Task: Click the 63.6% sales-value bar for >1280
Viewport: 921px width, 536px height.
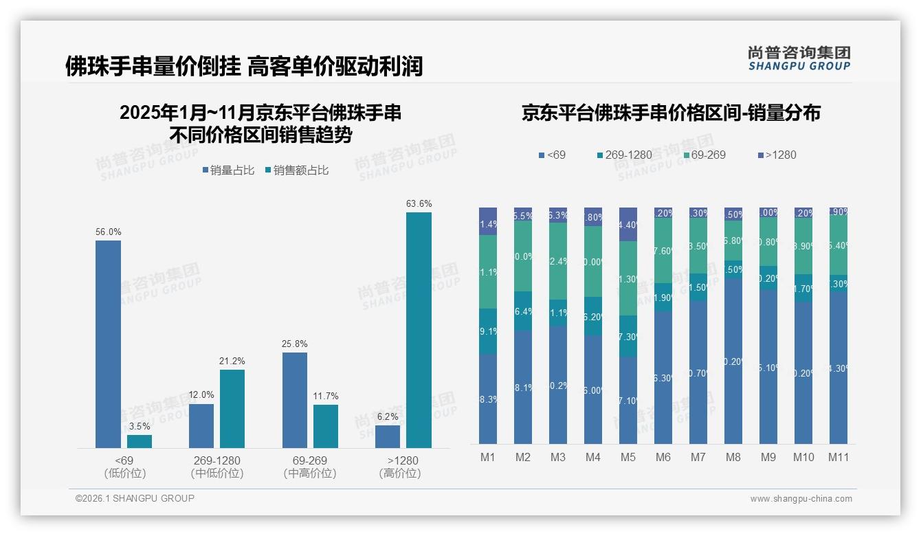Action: tap(419, 330)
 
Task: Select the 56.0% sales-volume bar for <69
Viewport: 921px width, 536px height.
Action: tap(108, 344)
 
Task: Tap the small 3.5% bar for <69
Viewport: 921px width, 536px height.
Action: tap(140, 441)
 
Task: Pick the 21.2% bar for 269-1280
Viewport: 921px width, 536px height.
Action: tap(232, 409)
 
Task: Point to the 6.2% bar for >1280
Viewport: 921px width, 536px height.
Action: tap(388, 436)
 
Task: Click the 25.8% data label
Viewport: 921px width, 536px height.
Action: tap(295, 344)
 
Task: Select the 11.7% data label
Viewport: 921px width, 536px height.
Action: tap(326, 396)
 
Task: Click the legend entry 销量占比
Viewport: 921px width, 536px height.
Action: tap(230, 170)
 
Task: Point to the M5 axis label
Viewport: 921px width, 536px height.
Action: tap(628, 458)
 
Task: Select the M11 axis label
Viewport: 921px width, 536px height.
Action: tap(838, 458)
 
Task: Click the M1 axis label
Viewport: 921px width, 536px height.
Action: tap(488, 458)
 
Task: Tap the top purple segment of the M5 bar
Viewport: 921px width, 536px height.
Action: tap(628, 224)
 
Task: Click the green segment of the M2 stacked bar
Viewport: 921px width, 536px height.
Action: tap(523, 256)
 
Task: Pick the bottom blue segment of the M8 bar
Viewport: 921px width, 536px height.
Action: tap(733, 361)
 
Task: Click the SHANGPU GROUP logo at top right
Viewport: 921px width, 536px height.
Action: tap(799, 58)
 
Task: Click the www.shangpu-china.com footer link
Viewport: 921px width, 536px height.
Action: tap(801, 499)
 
